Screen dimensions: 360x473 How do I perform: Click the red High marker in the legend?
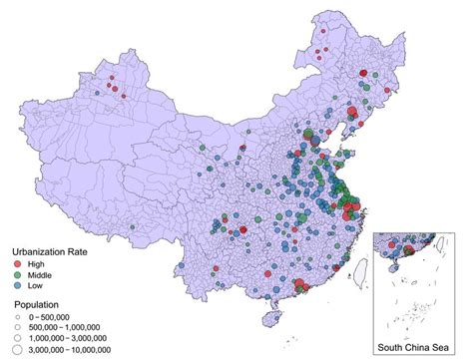[x=19, y=263]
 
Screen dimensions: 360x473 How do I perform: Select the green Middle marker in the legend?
[x=19, y=274]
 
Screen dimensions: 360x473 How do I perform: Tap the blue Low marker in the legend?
[x=19, y=285]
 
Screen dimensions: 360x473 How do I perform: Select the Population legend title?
[x=39, y=304]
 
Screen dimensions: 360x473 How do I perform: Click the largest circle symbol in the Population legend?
[x=19, y=350]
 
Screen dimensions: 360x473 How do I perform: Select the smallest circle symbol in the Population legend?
[x=19, y=316]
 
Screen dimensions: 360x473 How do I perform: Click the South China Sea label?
[x=418, y=348]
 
